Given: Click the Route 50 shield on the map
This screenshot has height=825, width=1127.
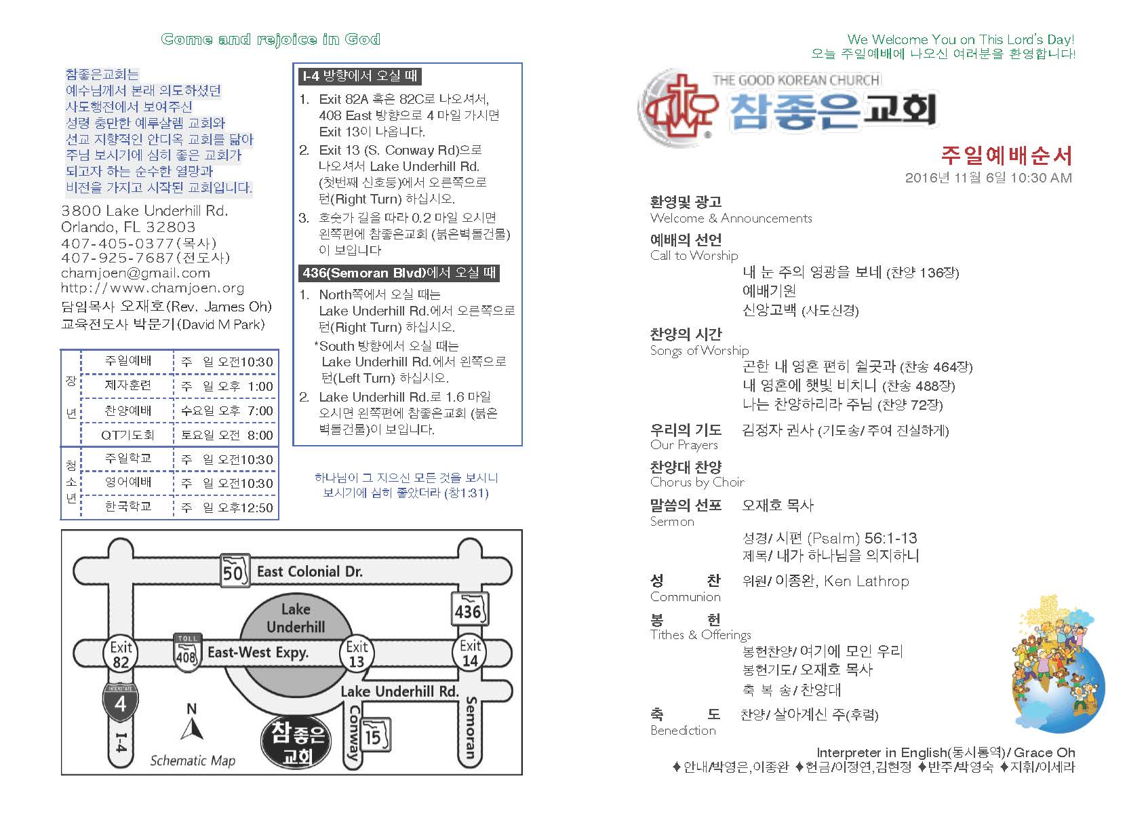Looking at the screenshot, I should tap(233, 572).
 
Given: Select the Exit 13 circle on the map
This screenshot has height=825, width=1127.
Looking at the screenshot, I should tap(357, 654).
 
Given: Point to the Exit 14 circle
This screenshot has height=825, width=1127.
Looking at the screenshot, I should tap(470, 653).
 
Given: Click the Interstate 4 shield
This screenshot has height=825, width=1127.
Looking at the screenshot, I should tap(120, 702).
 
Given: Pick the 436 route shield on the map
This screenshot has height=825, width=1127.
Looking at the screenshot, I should tap(469, 611).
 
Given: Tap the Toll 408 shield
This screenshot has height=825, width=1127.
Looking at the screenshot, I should tap(186, 651).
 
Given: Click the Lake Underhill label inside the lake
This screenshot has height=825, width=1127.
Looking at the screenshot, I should tap(296, 618).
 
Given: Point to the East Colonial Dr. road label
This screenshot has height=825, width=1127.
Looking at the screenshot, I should tap(309, 572).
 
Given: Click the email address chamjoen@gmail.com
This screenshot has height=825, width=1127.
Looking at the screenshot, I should tap(136, 273).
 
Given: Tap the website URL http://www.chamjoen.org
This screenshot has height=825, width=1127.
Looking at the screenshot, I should tap(153, 288).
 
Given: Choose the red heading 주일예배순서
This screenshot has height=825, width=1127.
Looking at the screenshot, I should tap(1006, 156).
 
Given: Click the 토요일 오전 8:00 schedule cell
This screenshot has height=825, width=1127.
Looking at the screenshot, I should tap(226, 435).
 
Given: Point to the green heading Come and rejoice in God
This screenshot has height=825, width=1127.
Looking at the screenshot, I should tap(271, 39).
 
